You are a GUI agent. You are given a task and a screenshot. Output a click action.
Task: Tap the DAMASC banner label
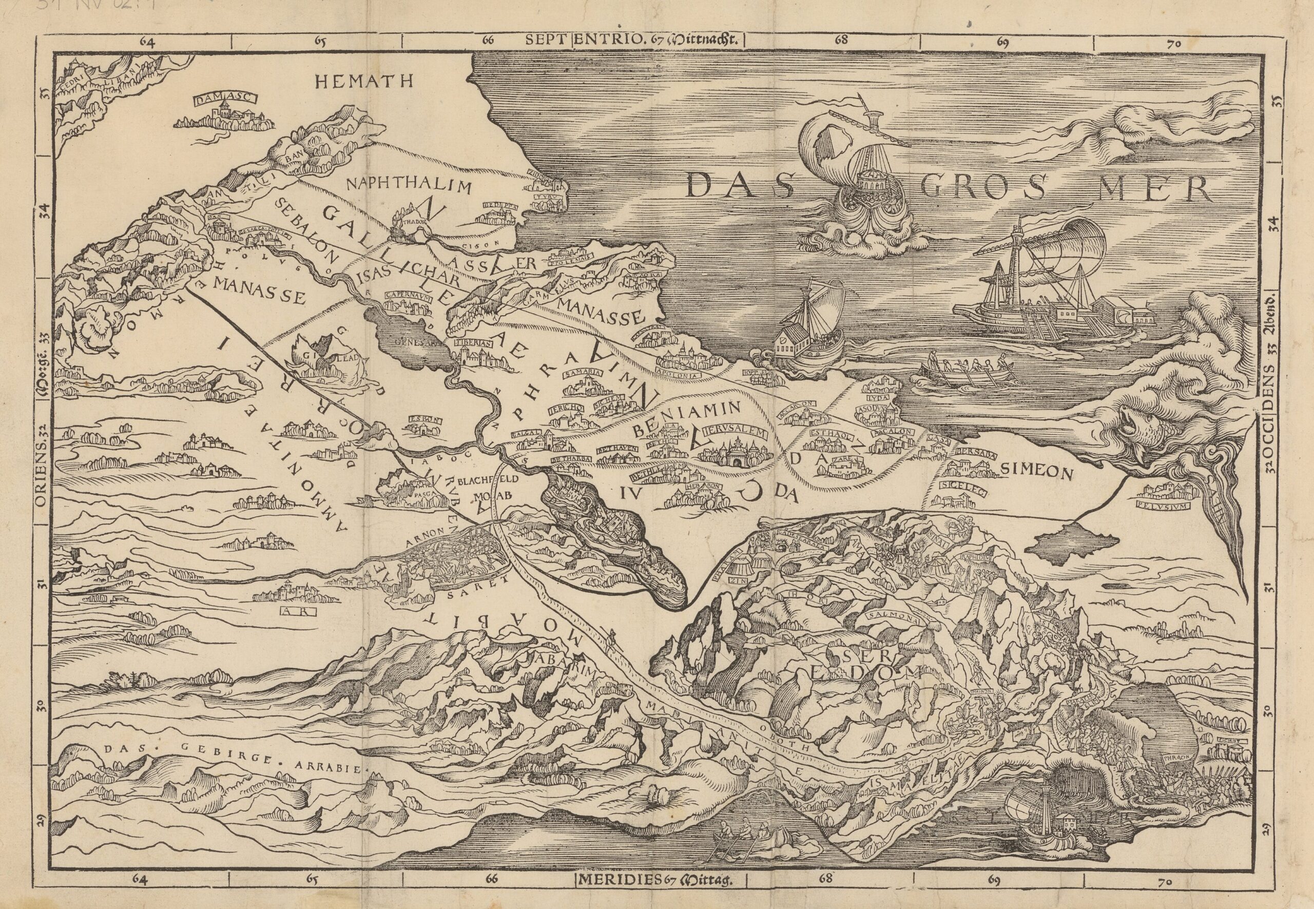(218, 100)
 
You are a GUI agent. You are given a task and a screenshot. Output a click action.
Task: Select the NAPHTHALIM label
(410, 186)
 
